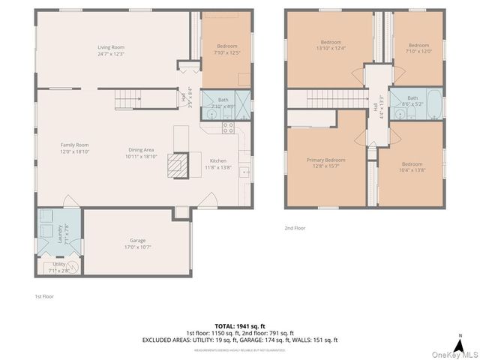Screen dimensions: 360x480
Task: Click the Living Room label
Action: point(109,47)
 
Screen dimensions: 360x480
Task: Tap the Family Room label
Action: point(75,145)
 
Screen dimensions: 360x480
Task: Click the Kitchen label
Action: point(218,160)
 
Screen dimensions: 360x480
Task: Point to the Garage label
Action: point(137,241)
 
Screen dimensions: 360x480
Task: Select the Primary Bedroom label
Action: point(325,160)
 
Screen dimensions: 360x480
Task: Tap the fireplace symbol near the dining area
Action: point(176,164)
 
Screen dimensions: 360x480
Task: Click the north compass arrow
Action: point(459,337)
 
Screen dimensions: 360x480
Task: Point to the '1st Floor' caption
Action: point(44,296)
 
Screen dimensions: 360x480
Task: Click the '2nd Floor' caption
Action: point(295,227)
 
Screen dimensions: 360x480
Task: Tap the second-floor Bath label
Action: point(412,98)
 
